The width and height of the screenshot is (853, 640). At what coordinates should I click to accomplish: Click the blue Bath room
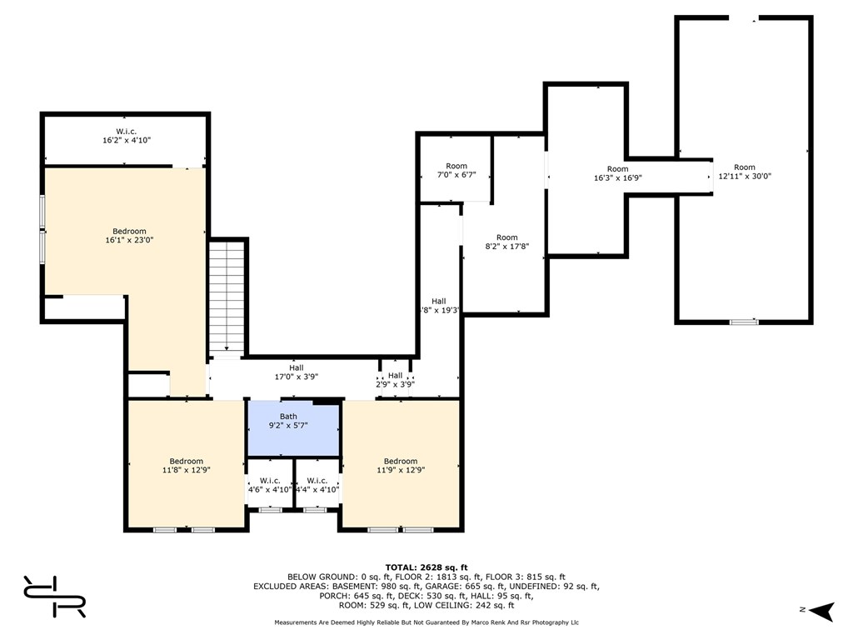tap(294, 428)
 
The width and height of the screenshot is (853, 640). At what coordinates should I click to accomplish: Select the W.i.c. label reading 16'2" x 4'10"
tap(127, 136)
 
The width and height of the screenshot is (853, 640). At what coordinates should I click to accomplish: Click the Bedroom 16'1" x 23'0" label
tap(129, 236)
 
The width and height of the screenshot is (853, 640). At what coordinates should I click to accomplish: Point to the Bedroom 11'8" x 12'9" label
tap(186, 466)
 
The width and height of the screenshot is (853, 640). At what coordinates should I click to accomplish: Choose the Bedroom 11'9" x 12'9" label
tap(401, 466)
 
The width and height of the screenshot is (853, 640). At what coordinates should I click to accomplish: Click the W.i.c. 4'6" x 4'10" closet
tap(270, 484)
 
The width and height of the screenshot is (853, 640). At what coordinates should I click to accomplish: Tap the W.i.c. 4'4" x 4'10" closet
tap(317, 484)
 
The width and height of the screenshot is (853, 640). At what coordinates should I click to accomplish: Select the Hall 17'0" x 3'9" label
tap(296, 372)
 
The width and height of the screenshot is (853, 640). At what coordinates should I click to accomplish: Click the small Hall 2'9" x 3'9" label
tap(396, 380)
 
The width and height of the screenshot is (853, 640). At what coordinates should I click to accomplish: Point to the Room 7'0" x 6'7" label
tap(456, 170)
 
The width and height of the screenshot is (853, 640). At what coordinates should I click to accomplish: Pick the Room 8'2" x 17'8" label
tap(507, 242)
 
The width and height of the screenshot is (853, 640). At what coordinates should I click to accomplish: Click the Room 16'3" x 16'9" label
tap(618, 173)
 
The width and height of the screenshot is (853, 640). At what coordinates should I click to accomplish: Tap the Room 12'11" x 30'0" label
tap(745, 172)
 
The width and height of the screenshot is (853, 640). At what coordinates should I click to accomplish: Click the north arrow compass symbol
tap(821, 611)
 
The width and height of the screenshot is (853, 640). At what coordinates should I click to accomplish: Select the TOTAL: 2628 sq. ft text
tap(426, 567)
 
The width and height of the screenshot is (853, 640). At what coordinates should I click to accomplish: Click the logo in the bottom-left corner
tap(54, 597)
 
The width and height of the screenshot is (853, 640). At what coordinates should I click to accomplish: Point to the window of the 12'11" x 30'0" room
tap(744, 322)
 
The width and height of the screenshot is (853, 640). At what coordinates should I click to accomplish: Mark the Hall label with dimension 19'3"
tap(440, 306)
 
